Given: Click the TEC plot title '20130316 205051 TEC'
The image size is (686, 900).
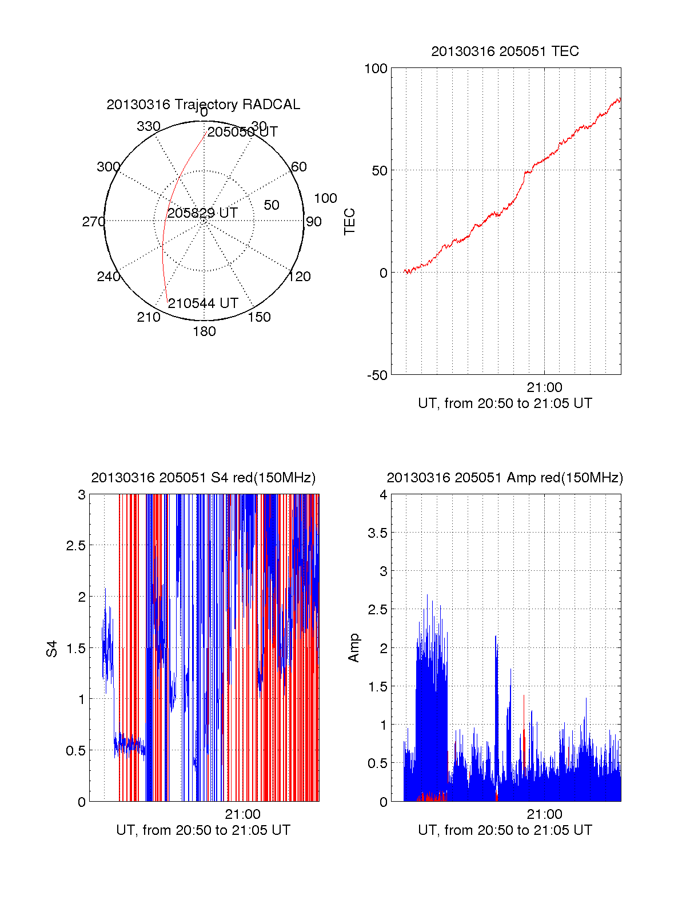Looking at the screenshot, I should (505, 51).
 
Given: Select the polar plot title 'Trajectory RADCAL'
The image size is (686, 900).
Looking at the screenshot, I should (203, 105).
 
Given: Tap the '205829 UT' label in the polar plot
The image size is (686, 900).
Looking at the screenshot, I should (202, 213).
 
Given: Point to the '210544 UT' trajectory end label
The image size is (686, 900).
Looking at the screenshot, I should (203, 303).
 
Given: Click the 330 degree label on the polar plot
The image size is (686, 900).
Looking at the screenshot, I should (149, 126).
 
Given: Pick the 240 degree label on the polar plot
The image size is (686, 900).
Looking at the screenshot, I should (109, 277).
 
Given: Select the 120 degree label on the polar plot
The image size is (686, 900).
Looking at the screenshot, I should (300, 277).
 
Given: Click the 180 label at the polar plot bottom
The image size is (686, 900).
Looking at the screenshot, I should (204, 331).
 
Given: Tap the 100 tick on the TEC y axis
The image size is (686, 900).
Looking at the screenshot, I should (376, 69).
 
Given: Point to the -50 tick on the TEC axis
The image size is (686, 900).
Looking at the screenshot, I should (377, 375).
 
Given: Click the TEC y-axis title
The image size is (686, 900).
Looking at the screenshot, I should (350, 222).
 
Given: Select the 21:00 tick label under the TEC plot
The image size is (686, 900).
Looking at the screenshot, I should (544, 387).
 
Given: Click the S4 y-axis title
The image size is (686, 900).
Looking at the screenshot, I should (52, 649).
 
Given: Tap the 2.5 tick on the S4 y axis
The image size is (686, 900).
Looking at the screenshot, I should (76, 546).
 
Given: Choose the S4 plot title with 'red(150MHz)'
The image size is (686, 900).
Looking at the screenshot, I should (203, 478).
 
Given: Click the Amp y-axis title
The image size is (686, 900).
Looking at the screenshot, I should (354, 647).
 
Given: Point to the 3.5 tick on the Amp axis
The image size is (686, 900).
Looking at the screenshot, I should (377, 533).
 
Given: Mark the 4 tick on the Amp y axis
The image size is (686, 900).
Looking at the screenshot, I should (384, 495).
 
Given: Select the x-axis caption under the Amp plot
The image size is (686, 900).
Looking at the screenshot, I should (505, 830).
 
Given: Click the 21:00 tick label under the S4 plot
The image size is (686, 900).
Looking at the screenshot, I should (242, 814).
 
